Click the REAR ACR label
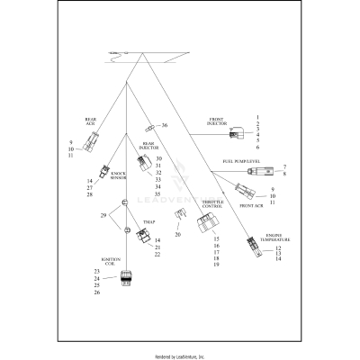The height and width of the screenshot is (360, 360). [91, 120]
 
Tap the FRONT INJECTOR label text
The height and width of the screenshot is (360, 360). [216, 121]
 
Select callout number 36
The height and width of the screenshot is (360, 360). [165, 125]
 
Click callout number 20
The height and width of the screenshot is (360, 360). [177, 235]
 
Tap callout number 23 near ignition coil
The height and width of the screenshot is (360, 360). [97, 271]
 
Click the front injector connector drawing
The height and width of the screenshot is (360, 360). [236, 136]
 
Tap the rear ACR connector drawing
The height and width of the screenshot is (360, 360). [91, 140]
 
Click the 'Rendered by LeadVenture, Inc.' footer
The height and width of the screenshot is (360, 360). [180, 356]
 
